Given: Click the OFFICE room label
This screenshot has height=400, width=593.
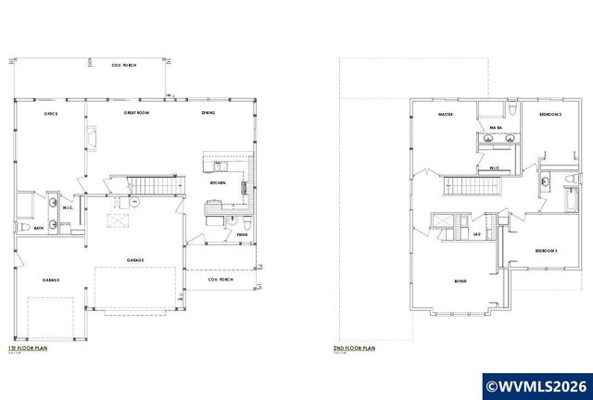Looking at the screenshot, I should pos(51,114).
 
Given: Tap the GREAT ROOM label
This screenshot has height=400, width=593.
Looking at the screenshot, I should pos(138,114).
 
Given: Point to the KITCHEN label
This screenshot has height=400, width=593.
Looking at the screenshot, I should pos(218,183).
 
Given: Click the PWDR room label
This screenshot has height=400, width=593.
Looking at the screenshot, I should pos(241,236).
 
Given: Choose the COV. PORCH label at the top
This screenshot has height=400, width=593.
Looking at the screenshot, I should pos(122,65).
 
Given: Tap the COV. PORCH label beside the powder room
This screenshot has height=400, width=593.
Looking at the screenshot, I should pos(219,279).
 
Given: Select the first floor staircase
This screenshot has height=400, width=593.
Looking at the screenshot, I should pos(145,184).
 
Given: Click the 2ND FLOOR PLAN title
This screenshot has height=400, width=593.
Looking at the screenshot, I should pos(353,349).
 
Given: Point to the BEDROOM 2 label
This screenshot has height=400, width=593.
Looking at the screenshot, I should pos(551,114).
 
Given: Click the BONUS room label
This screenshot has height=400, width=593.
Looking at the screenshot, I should pos(461,281).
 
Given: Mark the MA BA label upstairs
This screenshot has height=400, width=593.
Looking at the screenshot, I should pos(495,128).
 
